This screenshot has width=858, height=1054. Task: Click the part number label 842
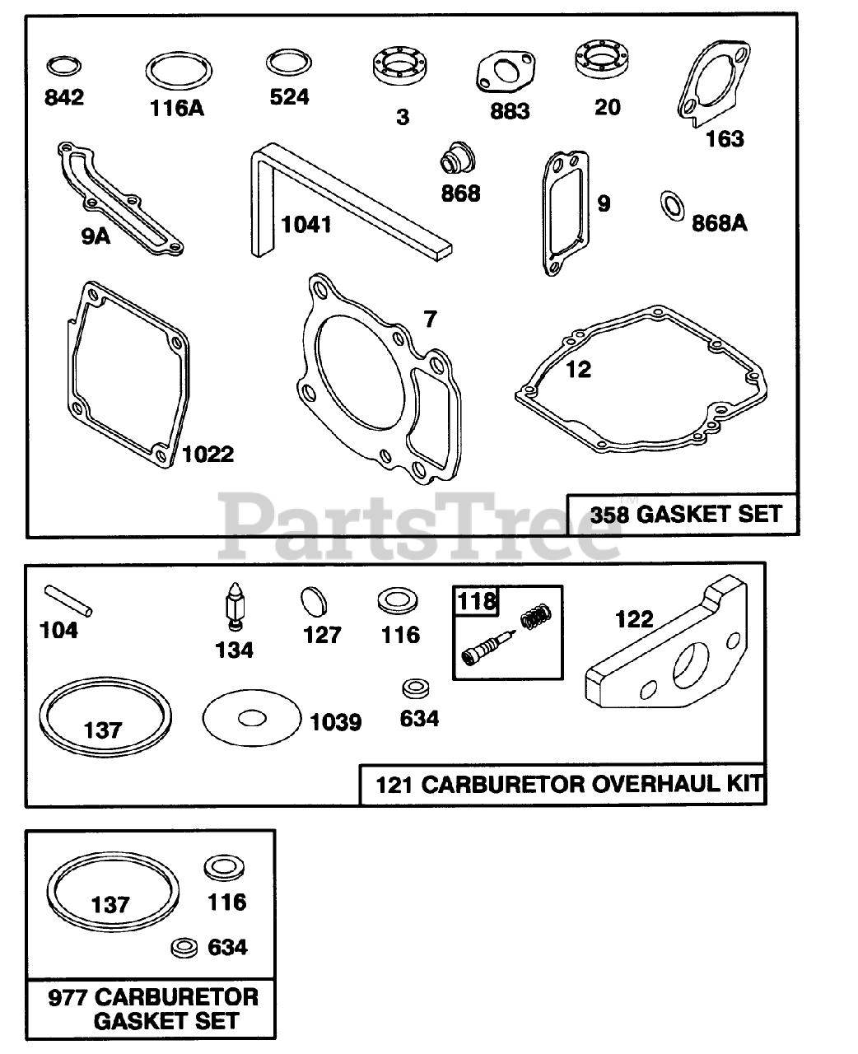coord(63,97)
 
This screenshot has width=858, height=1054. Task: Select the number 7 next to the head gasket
coord(429,318)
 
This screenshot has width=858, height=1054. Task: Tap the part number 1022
coord(208,454)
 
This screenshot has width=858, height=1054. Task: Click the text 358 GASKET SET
coord(685,514)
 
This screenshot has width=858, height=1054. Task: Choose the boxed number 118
coord(478,601)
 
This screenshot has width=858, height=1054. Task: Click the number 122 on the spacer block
coord(634,618)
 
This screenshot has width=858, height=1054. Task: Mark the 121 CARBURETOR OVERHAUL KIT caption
coord(568,784)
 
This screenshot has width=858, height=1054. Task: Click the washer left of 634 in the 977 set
coord(182,948)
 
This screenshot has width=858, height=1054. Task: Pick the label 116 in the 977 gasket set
coord(226,902)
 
